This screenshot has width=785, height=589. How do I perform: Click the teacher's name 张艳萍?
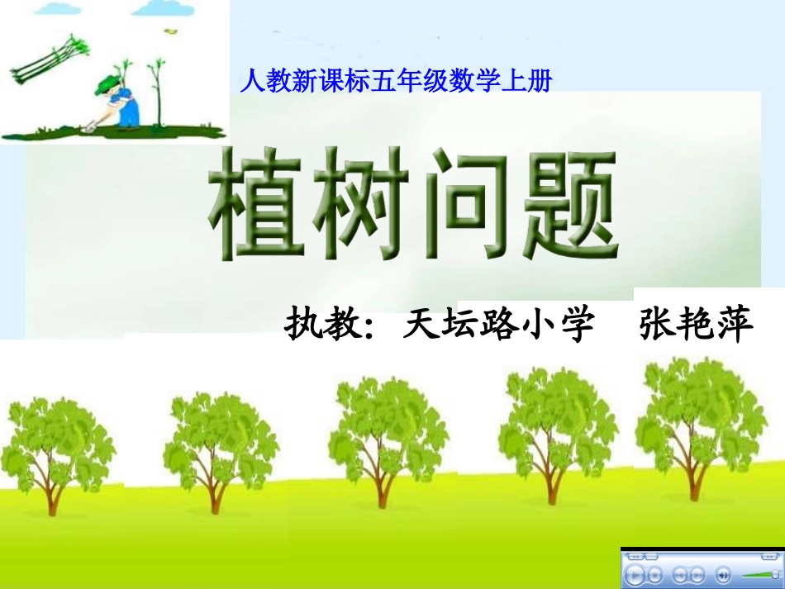pos(697,325)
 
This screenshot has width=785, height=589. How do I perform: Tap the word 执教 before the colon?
pos(319,325)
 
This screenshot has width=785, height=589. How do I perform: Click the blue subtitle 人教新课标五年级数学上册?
pos(395,81)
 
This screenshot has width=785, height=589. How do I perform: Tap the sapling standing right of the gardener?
pos(155,95)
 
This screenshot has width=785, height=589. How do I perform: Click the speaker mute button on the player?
pos(723,573)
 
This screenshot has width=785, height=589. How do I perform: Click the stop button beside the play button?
pos(655,573)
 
